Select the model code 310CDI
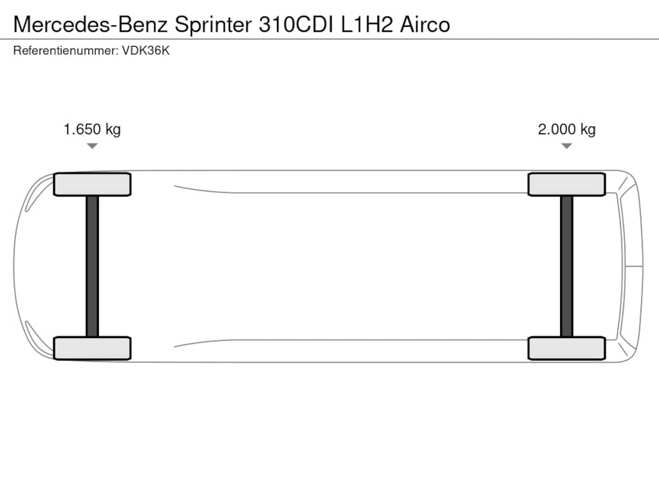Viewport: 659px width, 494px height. [x=296, y=24]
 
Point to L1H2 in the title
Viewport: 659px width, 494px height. [x=367, y=24]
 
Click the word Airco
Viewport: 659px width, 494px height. [x=425, y=24]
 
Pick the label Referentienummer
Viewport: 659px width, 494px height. [x=66, y=50]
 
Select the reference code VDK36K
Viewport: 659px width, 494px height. [x=146, y=50]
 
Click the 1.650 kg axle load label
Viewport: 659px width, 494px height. [x=92, y=130]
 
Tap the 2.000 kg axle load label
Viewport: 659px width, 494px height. [x=566, y=130]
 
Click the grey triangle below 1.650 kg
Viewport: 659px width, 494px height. [x=92, y=146]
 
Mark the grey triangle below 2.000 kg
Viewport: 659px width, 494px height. [x=566, y=146]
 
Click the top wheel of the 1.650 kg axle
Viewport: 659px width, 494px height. [x=92, y=184]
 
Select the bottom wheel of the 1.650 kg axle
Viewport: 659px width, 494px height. [x=92, y=348]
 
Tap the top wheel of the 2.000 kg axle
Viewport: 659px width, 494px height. [x=566, y=184]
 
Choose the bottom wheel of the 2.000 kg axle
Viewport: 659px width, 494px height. [x=566, y=348]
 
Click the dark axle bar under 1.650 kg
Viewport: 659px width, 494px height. [x=92, y=267]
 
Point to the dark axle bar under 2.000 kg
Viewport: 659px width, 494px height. [x=566, y=267]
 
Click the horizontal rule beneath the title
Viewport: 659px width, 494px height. [x=329, y=39]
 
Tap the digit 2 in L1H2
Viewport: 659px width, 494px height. [x=387, y=24]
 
